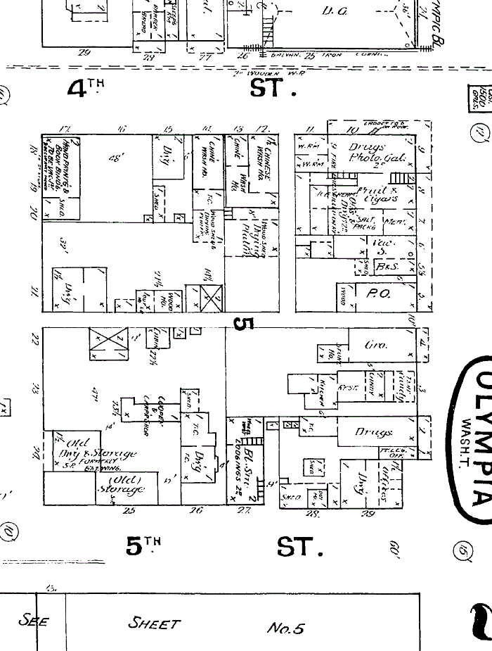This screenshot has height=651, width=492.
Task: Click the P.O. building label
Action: point(380,294)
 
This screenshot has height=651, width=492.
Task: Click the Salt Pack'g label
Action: point(366,224)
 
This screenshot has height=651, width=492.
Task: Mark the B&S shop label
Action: point(383,267)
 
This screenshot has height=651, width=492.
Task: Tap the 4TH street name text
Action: point(85,88)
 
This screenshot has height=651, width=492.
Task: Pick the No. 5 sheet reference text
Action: point(285,628)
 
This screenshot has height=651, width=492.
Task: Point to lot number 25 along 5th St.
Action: point(129,530)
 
